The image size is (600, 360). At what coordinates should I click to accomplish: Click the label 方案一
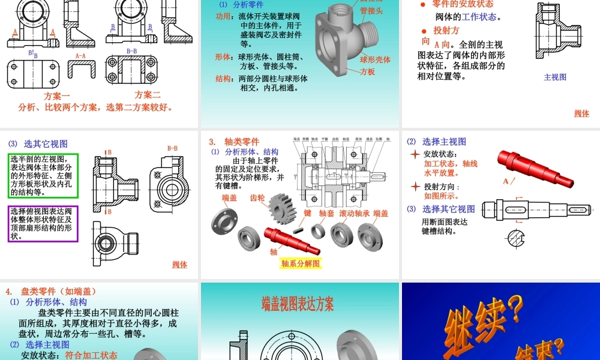point(57,96)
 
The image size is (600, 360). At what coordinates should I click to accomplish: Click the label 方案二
point(148,95)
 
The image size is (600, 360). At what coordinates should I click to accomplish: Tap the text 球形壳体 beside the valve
point(375,60)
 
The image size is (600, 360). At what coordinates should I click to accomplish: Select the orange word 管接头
point(372,11)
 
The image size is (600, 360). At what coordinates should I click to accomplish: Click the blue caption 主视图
point(555,77)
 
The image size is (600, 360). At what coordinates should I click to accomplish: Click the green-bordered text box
point(43,176)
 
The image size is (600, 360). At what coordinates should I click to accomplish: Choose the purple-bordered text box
point(43,223)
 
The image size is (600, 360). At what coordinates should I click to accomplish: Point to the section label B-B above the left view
point(172,148)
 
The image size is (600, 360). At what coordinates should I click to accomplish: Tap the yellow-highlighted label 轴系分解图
point(301,263)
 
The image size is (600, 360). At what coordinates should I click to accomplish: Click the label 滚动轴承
point(354,213)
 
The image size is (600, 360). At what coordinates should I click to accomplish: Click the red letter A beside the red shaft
point(505,181)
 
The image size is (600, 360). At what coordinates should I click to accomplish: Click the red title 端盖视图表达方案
point(298,304)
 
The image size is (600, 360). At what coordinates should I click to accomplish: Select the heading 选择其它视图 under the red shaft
point(449,209)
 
